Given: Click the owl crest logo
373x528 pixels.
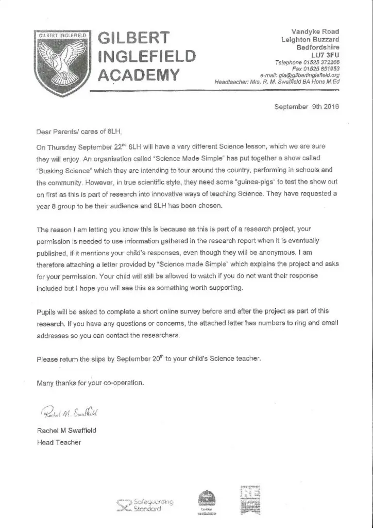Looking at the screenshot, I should (61, 57).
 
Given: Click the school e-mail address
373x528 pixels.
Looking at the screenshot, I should (309, 74).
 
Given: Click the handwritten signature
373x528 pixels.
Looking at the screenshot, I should (67, 412).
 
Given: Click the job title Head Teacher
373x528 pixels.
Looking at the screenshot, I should (59, 442).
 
